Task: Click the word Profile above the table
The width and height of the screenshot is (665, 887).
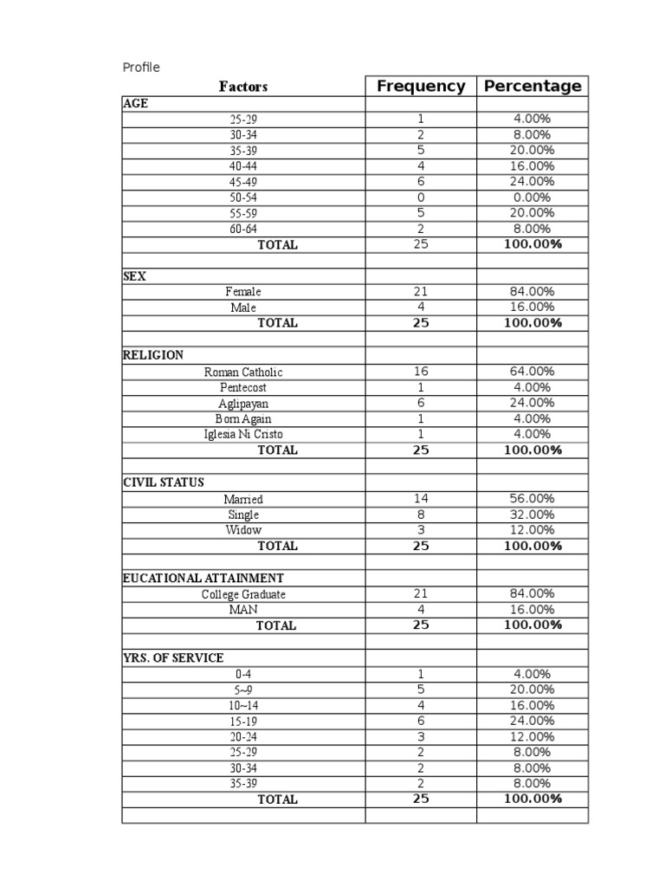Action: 141,68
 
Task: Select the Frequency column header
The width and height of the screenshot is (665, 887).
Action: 421,86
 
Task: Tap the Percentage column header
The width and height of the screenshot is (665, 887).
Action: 533,86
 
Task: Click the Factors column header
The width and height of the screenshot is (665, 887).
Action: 243,87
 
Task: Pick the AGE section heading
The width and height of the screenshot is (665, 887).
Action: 136,103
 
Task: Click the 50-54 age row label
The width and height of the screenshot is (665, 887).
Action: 243,197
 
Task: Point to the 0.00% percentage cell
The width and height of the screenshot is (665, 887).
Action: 533,197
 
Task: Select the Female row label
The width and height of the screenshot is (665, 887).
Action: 243,292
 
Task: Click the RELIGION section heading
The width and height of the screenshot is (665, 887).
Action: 153,355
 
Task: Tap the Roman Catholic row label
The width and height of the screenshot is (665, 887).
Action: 243,372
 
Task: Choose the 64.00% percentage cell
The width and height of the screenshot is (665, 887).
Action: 533,372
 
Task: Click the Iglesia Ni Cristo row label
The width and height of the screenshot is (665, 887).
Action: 243,434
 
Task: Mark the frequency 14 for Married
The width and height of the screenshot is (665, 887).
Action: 421,499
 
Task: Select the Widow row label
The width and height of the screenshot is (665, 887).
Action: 243,530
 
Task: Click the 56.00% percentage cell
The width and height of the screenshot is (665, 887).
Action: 533,499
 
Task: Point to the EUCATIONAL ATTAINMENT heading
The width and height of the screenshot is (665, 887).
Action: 203,578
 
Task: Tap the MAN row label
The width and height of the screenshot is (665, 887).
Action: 243,610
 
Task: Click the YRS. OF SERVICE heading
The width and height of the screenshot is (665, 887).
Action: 173,658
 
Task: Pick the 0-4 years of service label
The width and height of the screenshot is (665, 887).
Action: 243,674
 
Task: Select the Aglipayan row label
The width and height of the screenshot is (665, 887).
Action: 243,404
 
